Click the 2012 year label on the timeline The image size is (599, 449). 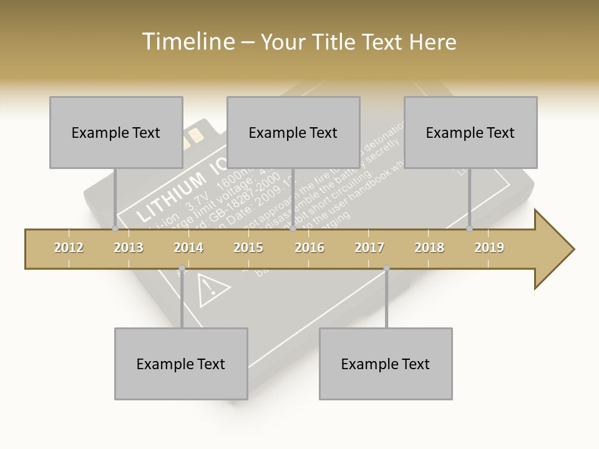pyautogui.click(x=69, y=248)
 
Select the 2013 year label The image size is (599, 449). pyautogui.click(x=129, y=248)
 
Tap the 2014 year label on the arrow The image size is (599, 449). pyautogui.click(x=188, y=248)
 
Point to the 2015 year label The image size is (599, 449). pyautogui.click(x=248, y=248)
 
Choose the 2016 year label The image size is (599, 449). pyautogui.click(x=309, y=248)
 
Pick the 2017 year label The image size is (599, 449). pyautogui.click(x=369, y=248)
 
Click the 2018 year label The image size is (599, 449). pyautogui.click(x=429, y=248)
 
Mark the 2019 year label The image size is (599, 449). pyautogui.click(x=489, y=248)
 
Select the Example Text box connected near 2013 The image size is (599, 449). pyautogui.click(x=116, y=132)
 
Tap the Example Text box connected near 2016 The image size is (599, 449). pyautogui.click(x=293, y=132)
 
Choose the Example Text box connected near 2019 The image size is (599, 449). pyautogui.click(x=470, y=132)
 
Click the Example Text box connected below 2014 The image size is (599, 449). pyautogui.click(x=181, y=364)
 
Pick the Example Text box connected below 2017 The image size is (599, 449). pyautogui.click(x=386, y=364)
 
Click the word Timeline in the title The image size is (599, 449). pyautogui.click(x=187, y=42)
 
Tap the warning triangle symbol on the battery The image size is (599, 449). pyautogui.click(x=212, y=287)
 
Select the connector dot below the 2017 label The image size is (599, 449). pyautogui.click(x=386, y=268)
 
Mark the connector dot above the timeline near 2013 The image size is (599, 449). pyautogui.click(x=115, y=229)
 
